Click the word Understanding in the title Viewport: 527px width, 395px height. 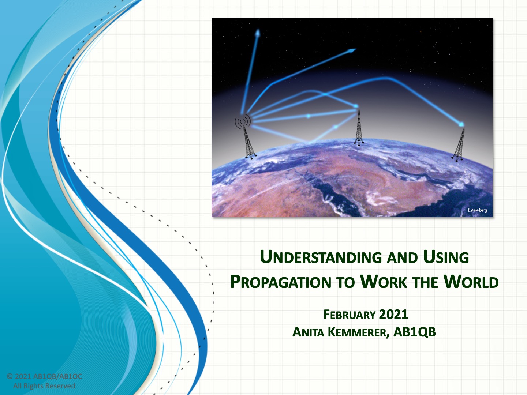pyautogui.click(x=321, y=257)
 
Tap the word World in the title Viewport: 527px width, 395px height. pyautogui.click(x=471, y=282)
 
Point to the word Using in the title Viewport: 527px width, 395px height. pyautogui.click(x=446, y=257)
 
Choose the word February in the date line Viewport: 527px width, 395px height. pyautogui.click(x=350, y=315)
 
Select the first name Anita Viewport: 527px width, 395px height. pyautogui.click(x=308, y=332)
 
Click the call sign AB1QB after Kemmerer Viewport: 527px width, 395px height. pyautogui.click(x=414, y=332)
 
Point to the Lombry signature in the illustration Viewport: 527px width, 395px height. pyautogui.click(x=477, y=210)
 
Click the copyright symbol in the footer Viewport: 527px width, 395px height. pyautogui.click(x=10, y=376)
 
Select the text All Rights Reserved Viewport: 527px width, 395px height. pyautogui.click(x=44, y=386)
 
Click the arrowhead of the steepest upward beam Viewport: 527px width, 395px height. pyautogui.click(x=258, y=33)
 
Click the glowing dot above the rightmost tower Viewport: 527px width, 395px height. pyautogui.click(x=461, y=124)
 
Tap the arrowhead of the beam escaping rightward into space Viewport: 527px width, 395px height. pyautogui.click(x=352, y=50)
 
